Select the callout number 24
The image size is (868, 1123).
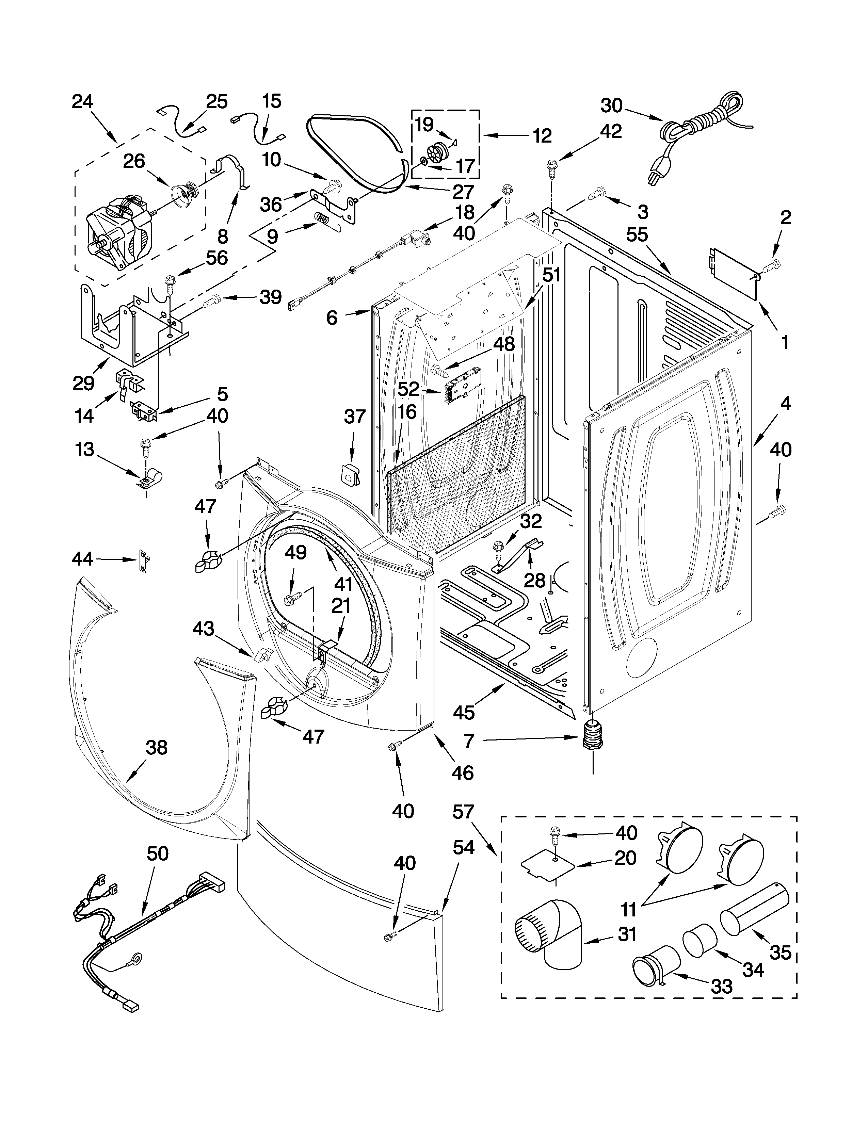click(82, 101)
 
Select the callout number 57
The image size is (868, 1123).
click(463, 812)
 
